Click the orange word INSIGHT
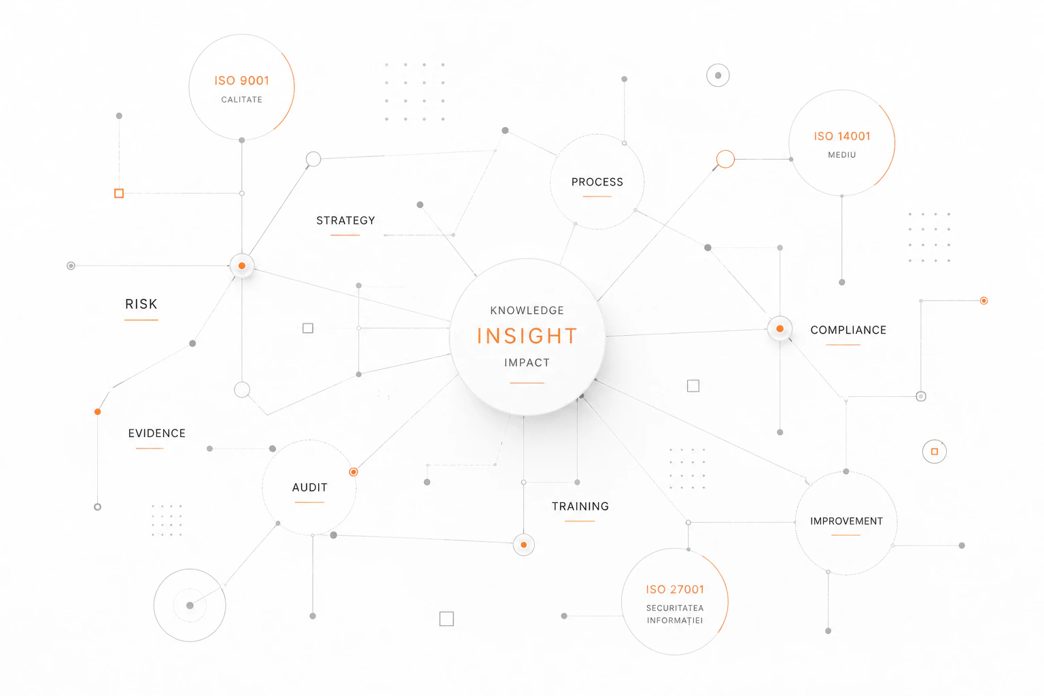click(527, 336)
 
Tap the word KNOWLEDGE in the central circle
click(527, 311)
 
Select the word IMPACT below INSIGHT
click(527, 363)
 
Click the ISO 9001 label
click(242, 81)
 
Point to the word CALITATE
click(242, 100)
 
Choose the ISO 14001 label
click(842, 136)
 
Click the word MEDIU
click(842, 155)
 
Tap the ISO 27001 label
click(675, 590)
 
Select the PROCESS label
click(597, 181)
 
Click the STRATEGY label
click(346, 220)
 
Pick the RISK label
click(141, 304)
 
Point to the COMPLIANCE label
click(848, 330)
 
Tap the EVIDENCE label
click(157, 433)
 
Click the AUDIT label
click(310, 487)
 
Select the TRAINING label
click(580, 506)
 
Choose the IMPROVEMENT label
click(846, 521)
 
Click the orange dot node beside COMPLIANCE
click(780, 329)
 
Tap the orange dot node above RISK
click(242, 266)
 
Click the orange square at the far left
click(119, 194)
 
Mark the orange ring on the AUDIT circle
click(353, 472)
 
